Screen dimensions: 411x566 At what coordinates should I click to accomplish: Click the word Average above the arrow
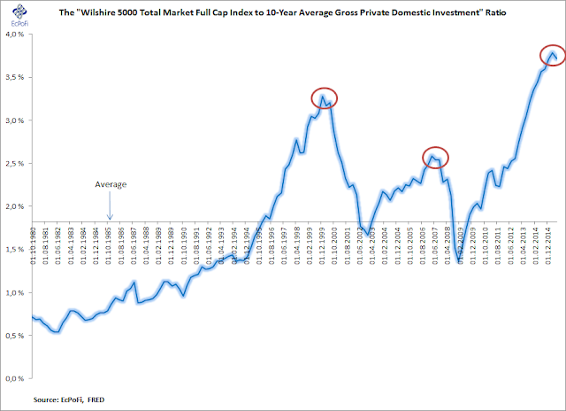[x=111, y=184]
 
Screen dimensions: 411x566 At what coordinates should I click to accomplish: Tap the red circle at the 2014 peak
[x=553, y=57]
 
